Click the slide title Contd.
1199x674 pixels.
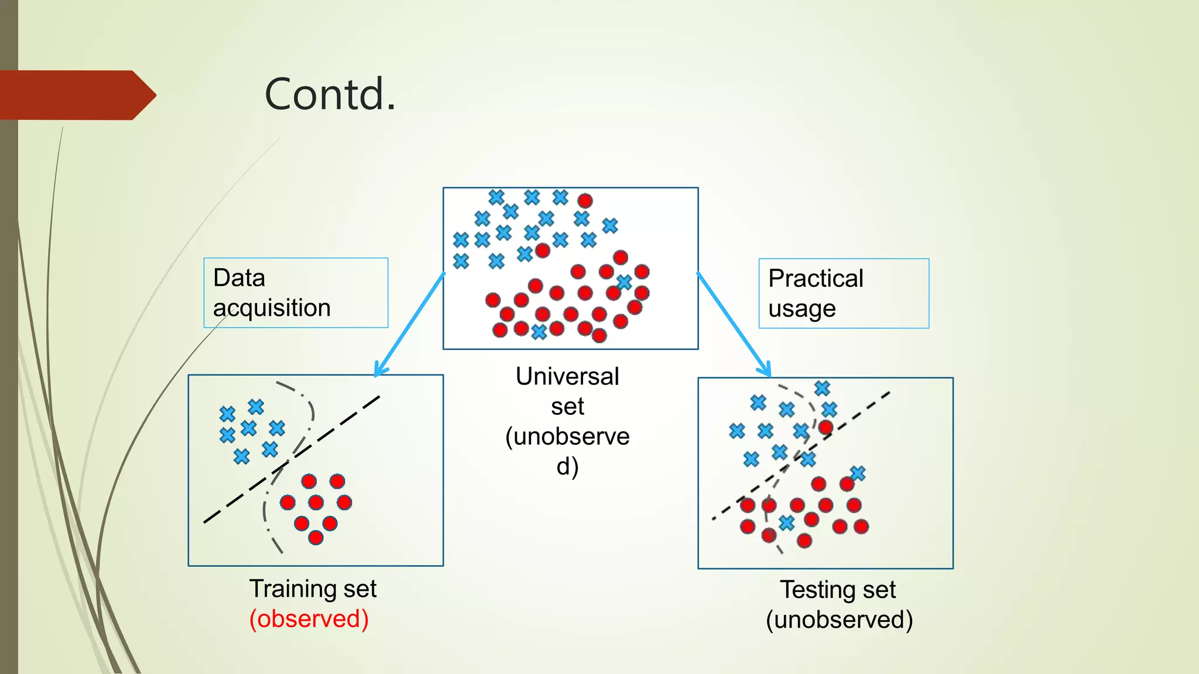point(330,94)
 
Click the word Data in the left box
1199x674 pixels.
point(239,278)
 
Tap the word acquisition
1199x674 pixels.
point(272,308)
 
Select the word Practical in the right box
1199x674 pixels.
point(816,278)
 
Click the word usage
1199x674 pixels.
point(801,309)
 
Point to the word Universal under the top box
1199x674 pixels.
point(567,376)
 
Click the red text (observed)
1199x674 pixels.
point(309,619)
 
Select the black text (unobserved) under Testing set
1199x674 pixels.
point(839,620)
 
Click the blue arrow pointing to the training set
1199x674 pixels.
point(410,325)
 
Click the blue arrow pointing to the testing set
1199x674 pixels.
point(734,325)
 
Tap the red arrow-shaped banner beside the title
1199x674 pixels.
point(76,95)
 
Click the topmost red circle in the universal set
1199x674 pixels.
point(585,201)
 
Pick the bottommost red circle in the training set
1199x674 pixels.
point(316,537)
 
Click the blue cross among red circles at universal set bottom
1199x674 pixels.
point(539,332)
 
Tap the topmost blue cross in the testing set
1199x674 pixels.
point(822,388)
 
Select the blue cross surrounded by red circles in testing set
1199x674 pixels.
point(786,522)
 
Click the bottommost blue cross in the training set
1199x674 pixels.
point(241,456)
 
